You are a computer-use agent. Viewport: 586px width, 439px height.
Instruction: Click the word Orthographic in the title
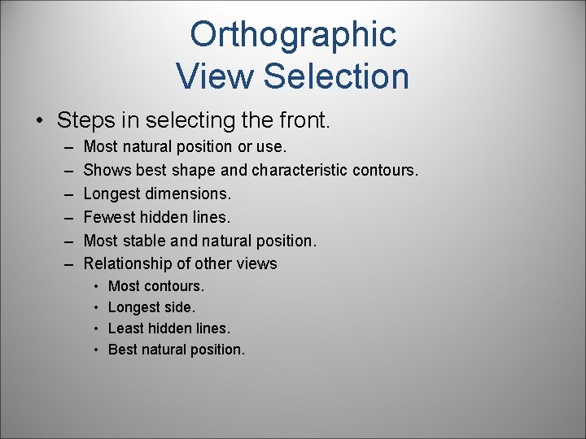(293, 35)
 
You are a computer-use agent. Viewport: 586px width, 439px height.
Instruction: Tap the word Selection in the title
(337, 76)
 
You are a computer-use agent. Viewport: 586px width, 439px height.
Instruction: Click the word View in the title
(216, 76)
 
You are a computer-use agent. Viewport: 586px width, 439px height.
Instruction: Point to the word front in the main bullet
(302, 121)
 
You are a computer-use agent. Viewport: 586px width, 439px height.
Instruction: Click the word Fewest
(108, 217)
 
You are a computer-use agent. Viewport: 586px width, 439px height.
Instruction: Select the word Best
(123, 350)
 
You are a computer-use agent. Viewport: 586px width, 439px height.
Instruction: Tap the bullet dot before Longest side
(95, 308)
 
